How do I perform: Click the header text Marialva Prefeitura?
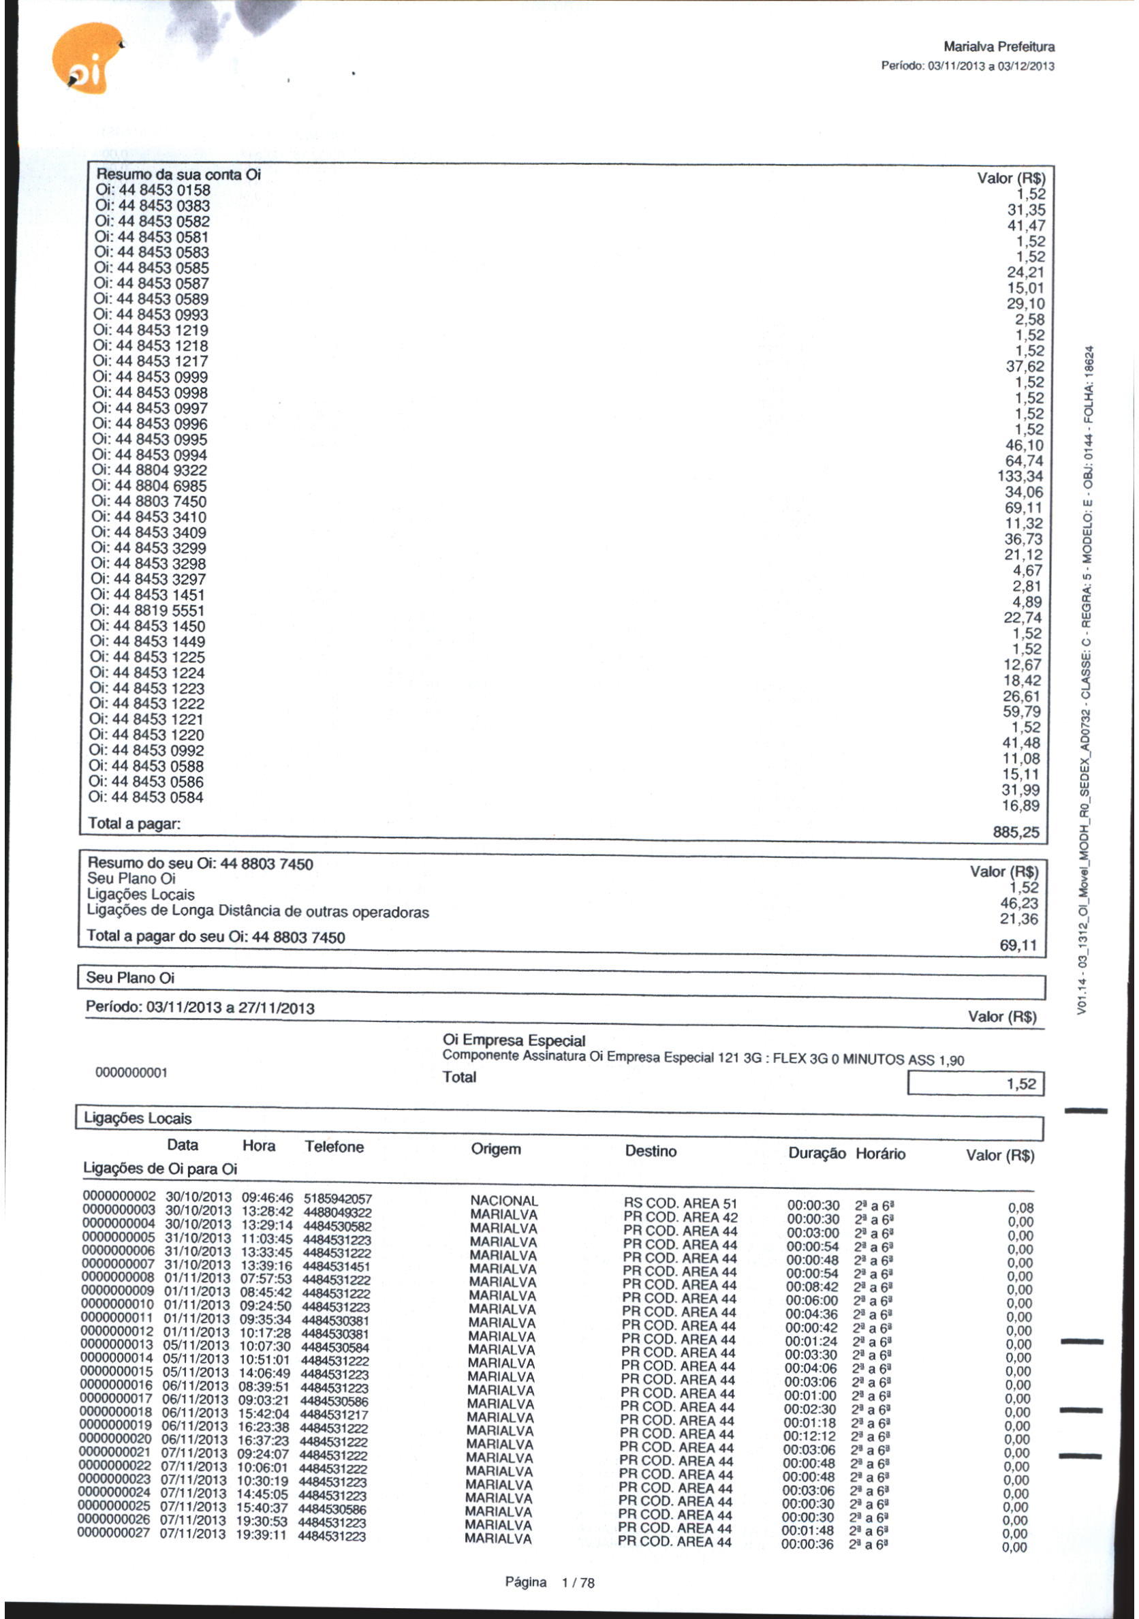coord(998,47)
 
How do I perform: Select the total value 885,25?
coord(1016,832)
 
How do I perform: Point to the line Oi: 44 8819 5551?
coord(148,611)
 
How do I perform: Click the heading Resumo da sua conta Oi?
coord(178,174)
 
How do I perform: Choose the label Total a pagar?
coord(134,823)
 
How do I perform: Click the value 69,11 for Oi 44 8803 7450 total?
coord(1018,945)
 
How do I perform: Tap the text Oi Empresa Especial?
coord(514,1040)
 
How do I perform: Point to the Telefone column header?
coord(334,1147)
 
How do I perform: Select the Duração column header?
coord(816,1154)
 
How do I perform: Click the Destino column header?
coord(651,1151)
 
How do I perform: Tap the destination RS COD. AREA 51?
coord(681,1203)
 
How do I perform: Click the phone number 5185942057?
coord(338,1199)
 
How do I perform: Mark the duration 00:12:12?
coord(810,1436)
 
